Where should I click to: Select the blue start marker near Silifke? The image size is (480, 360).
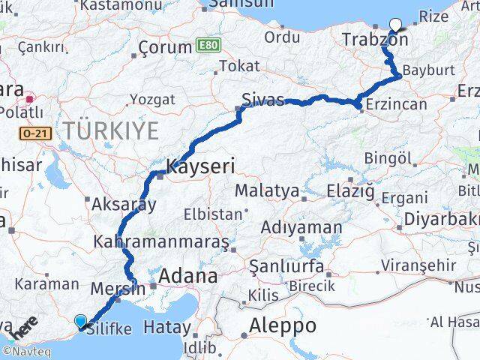click(81, 321)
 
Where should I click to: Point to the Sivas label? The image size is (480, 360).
click(262, 100)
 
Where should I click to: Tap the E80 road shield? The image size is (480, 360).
click(208, 46)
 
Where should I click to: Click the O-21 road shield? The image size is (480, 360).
click(36, 133)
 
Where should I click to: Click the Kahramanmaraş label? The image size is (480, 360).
click(161, 242)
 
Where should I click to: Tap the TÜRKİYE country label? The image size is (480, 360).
click(110, 130)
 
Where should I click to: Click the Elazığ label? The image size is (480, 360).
click(350, 191)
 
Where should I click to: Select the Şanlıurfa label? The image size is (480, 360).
click(286, 266)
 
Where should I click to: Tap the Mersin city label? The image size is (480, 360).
click(117, 288)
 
